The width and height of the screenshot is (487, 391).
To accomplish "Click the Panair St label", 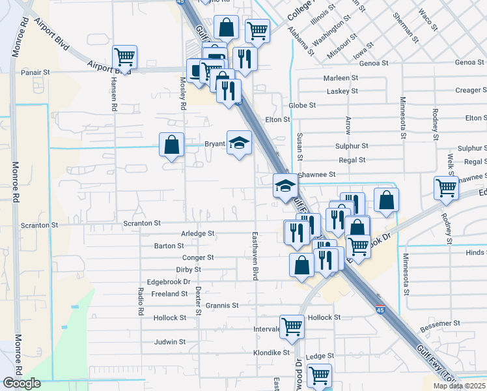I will tap(36, 73).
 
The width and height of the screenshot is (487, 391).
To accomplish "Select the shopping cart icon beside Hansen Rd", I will tap(124, 57).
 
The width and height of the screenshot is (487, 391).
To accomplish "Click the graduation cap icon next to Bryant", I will tap(239, 142).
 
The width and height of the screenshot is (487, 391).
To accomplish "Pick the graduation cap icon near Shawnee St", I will tap(285, 186).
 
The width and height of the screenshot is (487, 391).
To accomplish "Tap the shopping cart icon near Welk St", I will tap(447, 188).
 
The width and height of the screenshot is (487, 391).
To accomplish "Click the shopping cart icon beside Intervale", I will tap(292, 326).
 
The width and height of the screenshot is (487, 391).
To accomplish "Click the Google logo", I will tap(21, 384).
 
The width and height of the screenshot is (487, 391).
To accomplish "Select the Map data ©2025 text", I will tap(459, 386).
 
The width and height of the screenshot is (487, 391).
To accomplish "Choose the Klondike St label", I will tap(271, 353).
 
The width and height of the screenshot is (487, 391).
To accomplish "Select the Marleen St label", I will tap(341, 78).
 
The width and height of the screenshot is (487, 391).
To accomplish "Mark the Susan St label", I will tap(299, 147).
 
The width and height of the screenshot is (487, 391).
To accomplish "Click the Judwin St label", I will tap(170, 341).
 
